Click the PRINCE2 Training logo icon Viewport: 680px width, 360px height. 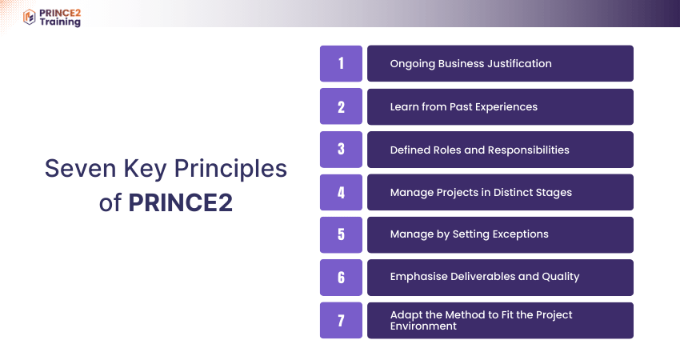coord(29,17)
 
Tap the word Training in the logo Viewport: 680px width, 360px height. coord(60,22)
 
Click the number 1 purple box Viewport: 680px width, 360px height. coord(341,63)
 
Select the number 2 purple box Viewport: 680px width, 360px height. coord(341,106)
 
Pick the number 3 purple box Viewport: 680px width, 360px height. coord(341,150)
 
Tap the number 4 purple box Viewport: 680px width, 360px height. coord(341,192)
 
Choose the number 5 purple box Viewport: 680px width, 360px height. coord(341,234)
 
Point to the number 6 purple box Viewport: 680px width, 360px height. coord(341,278)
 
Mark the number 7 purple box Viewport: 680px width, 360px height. coord(341,320)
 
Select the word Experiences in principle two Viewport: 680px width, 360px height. coord(504,106)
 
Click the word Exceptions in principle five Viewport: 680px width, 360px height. coord(521,234)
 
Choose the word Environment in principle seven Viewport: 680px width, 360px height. coord(423,326)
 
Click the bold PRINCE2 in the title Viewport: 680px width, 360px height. coord(181,202)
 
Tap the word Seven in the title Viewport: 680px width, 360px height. coord(81,168)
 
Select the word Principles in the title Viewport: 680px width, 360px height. coord(230,169)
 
